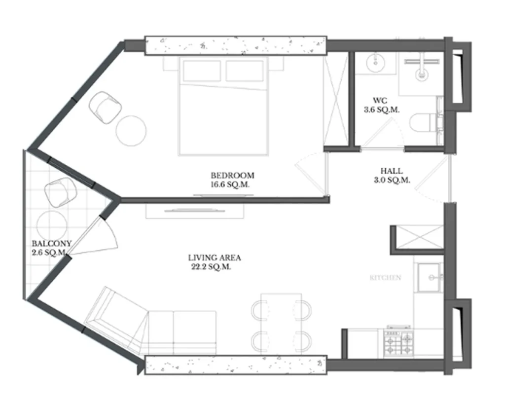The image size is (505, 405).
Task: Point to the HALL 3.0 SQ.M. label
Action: click(392, 176)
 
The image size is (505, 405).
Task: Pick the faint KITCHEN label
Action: click(385, 278)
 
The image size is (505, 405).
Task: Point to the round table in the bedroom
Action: click(131, 130)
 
